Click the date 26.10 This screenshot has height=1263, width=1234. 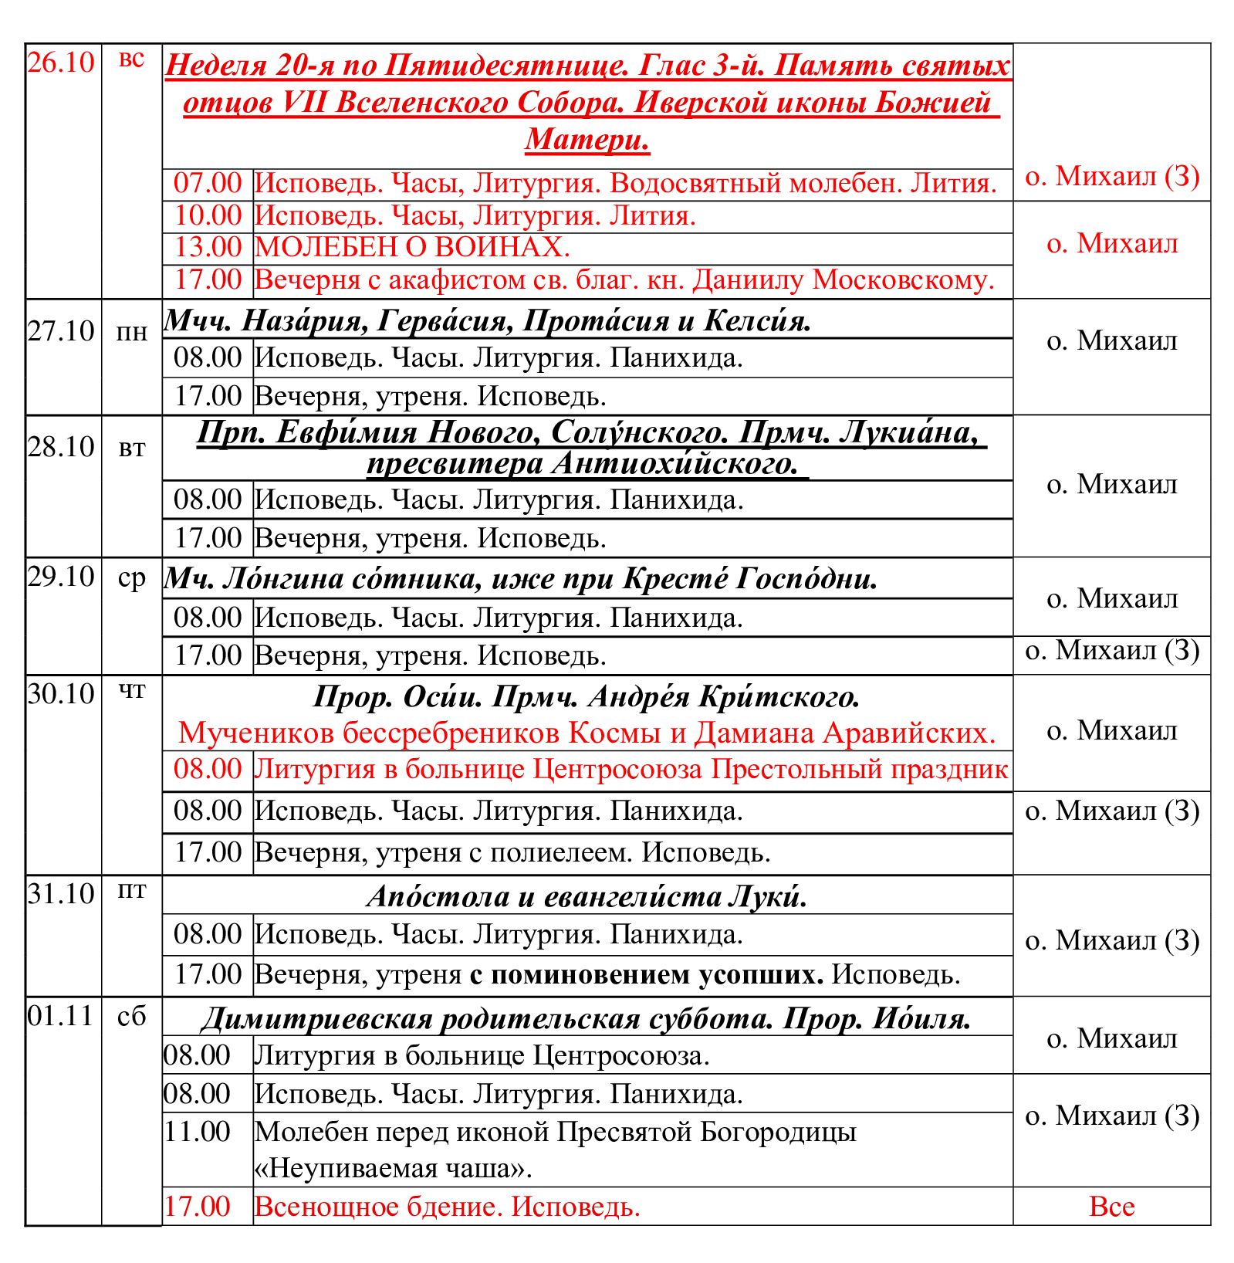[x=61, y=63]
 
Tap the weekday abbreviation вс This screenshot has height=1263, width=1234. [x=131, y=59]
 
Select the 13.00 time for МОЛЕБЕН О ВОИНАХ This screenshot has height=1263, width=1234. [x=208, y=247]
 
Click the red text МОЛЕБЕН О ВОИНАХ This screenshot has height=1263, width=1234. [x=412, y=247]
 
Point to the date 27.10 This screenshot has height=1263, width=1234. [x=61, y=331]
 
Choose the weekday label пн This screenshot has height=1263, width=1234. [x=131, y=333]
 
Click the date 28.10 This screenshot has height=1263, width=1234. [x=61, y=447]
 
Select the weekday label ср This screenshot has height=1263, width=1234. [x=131, y=578]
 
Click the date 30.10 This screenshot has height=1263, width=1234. [x=61, y=694]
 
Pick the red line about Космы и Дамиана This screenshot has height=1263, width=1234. [x=587, y=733]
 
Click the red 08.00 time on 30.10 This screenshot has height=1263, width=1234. [x=208, y=770]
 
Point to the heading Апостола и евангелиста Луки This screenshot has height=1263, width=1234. [x=587, y=896]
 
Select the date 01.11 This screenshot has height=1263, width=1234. [x=61, y=1016]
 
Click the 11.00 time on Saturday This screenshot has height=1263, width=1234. [x=197, y=1133]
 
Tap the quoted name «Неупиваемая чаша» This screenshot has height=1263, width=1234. [x=394, y=1168]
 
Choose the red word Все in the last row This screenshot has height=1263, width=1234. [x=1111, y=1207]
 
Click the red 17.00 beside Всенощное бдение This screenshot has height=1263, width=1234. [x=197, y=1207]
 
